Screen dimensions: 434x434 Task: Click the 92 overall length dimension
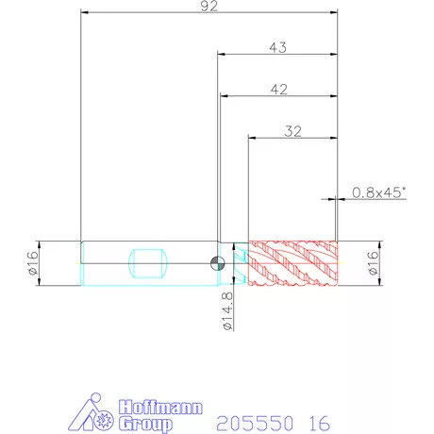click(x=209, y=6)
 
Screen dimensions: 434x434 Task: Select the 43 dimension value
click(x=278, y=47)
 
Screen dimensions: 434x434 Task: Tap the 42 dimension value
click(x=279, y=90)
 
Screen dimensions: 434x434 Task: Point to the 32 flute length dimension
click(x=292, y=131)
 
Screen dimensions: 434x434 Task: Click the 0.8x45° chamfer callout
click(x=379, y=192)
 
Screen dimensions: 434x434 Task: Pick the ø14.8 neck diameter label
click(x=228, y=311)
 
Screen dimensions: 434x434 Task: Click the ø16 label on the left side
click(x=33, y=263)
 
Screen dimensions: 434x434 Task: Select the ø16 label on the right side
click(x=373, y=263)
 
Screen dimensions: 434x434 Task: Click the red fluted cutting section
click(x=292, y=263)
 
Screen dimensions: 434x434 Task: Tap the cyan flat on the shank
click(x=148, y=263)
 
